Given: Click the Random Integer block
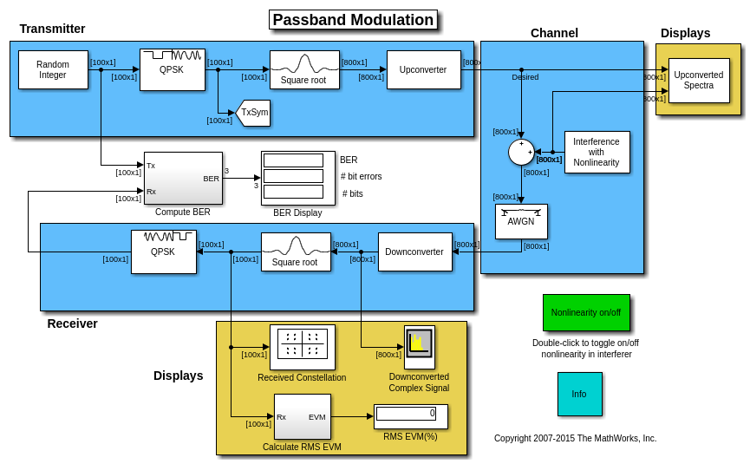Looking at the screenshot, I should click(53, 69).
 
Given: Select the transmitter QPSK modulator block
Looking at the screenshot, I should click(172, 69).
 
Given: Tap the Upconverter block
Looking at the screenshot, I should click(423, 69).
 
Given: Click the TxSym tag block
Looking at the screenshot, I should click(253, 113).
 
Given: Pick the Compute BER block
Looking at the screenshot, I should click(183, 178).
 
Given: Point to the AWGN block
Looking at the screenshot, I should click(521, 221).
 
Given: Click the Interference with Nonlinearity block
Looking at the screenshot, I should click(597, 152).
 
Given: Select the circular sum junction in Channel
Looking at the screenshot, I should click(521, 152).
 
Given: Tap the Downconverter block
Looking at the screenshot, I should click(414, 252).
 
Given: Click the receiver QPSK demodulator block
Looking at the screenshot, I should click(163, 252).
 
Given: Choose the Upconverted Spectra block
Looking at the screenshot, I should click(698, 80).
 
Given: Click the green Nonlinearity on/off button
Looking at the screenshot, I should click(586, 312).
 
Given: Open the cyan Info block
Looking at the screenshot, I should click(579, 394).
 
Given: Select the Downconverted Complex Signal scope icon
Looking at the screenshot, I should click(419, 347).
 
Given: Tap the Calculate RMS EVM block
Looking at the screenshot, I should click(302, 416).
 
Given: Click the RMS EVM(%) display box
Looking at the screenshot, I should click(410, 416).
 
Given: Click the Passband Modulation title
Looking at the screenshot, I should click(353, 20).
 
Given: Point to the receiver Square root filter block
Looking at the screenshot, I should click(296, 252).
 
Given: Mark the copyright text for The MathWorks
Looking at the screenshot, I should click(575, 439).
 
